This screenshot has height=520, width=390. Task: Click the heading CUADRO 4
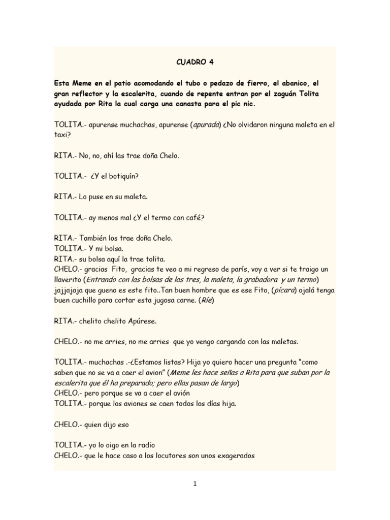[195, 62]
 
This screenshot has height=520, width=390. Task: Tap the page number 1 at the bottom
[195, 483]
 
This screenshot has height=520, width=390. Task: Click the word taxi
[61, 136]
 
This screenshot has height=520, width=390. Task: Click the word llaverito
[69, 280]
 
